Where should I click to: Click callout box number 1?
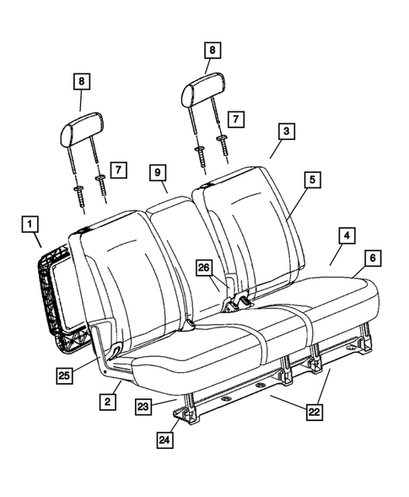(x=30, y=224)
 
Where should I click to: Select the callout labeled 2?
(x=106, y=402)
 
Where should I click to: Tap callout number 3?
(x=288, y=132)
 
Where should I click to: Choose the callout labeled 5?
(x=311, y=180)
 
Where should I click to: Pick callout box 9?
(x=158, y=173)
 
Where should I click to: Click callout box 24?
(x=165, y=440)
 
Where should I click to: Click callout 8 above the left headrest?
(x=81, y=82)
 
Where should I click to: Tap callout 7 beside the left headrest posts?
(x=118, y=170)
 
